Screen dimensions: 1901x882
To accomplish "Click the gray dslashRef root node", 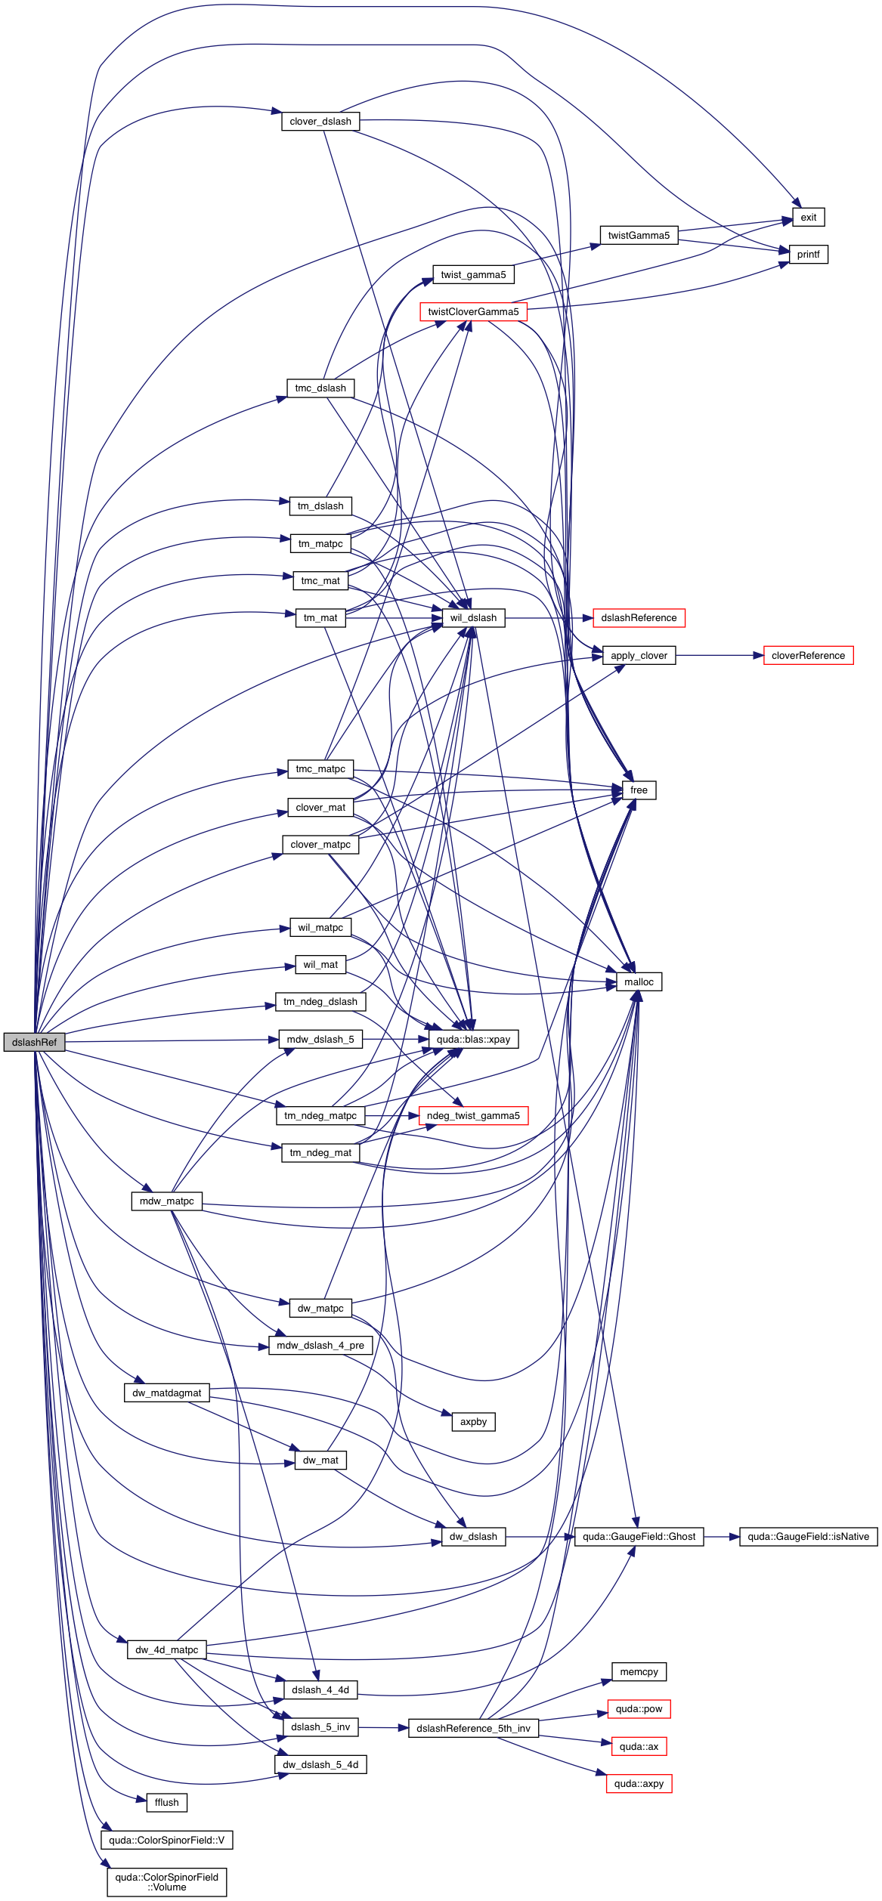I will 34,1042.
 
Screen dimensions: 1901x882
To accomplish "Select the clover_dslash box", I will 320,122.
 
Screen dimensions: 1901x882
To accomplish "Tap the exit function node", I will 808,218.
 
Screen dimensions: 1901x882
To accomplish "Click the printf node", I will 808,255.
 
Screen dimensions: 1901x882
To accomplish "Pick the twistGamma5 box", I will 639,236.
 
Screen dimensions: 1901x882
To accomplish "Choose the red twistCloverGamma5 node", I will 473,312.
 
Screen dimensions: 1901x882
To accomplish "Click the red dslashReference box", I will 639,618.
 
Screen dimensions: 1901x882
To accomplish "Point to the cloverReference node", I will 808,656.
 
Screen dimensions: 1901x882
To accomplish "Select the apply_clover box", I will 639,656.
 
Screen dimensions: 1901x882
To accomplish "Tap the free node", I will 639,790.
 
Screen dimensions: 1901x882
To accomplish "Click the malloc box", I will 639,982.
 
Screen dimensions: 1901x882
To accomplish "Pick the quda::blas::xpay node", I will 473,1040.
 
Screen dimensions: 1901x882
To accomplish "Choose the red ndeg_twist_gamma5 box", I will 473,1116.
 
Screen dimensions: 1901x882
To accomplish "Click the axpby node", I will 473,1422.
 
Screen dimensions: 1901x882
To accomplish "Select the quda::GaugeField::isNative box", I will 808,1537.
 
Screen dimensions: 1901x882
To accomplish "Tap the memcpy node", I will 639,1672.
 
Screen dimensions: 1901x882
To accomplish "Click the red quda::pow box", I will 639,1709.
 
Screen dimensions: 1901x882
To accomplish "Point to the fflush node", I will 166,1803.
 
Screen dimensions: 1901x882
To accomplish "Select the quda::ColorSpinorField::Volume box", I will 166,1882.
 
